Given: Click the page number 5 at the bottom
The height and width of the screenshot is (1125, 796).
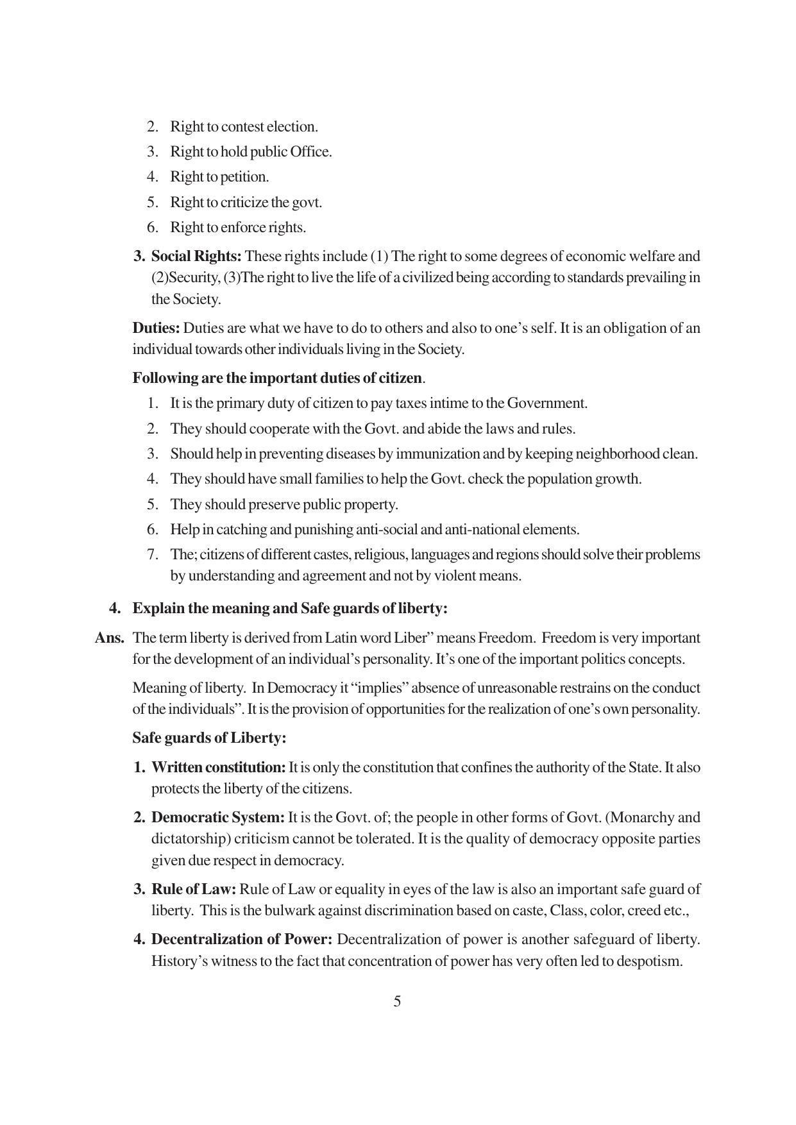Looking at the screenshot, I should click(x=397, y=1001).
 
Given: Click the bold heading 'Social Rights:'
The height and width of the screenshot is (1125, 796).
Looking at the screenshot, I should click(x=196, y=257).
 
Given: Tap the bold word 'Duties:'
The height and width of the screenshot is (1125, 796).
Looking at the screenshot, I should click(x=156, y=328).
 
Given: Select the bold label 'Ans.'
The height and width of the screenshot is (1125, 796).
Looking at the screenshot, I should click(x=110, y=638).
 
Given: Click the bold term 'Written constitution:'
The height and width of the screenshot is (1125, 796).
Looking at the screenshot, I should click(x=218, y=768).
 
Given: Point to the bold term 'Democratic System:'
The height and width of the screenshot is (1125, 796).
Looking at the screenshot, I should click(x=217, y=818).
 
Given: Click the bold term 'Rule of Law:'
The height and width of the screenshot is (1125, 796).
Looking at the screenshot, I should click(x=194, y=890).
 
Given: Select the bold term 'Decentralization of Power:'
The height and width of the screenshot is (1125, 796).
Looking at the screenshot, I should click(x=242, y=940).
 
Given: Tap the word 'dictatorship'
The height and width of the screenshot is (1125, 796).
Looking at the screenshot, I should click(x=189, y=839).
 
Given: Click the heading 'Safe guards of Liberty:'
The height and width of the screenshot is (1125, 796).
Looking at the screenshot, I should click(x=209, y=738).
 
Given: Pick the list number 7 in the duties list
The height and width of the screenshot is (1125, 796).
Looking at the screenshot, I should click(x=152, y=555).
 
